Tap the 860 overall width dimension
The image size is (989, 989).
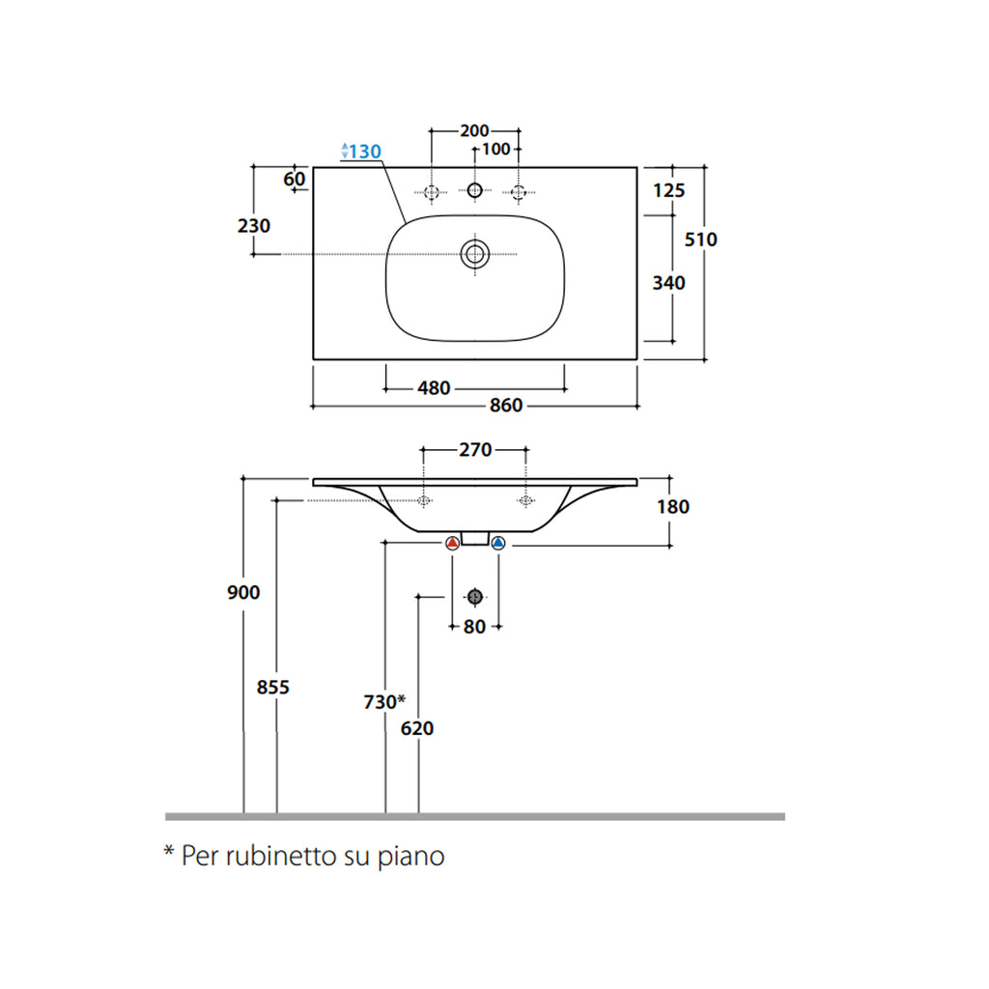click(x=506, y=405)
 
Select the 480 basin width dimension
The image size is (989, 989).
click(x=434, y=388)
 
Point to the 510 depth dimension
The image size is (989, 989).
click(x=701, y=240)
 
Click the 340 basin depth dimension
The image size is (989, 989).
click(x=668, y=283)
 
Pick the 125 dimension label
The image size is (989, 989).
click(x=668, y=190)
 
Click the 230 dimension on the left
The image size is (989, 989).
click(x=254, y=225)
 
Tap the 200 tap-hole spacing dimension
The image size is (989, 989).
click(x=474, y=130)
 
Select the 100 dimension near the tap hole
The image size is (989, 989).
click(x=495, y=149)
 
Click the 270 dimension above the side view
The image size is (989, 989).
click(x=475, y=450)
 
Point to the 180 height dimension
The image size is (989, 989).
click(x=673, y=506)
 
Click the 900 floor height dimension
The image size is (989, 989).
click(x=243, y=592)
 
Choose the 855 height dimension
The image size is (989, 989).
click(x=273, y=687)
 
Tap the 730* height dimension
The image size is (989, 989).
click(x=384, y=701)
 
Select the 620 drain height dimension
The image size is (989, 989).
click(x=417, y=728)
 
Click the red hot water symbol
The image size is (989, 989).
click(x=452, y=543)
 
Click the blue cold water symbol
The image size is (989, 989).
click(x=498, y=543)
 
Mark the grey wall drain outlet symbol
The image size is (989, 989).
click(x=475, y=597)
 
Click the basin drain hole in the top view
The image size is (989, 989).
click(x=475, y=254)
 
